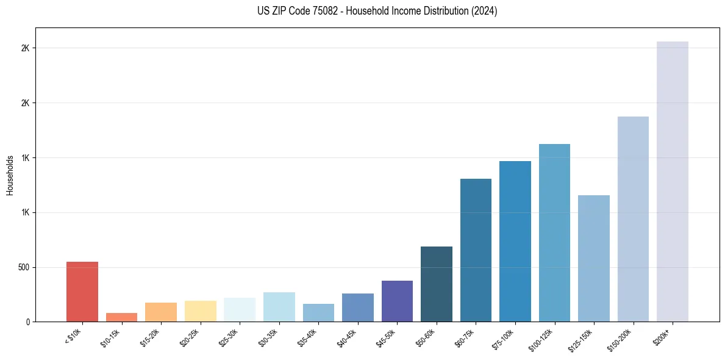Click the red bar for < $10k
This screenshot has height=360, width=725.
click(x=82, y=292)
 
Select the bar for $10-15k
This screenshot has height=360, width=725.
click(x=121, y=317)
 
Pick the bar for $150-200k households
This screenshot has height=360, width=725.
click(x=633, y=219)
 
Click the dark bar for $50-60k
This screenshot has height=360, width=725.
click(x=437, y=284)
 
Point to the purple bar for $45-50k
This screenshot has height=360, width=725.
click(x=397, y=301)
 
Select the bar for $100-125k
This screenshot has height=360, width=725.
click(x=554, y=232)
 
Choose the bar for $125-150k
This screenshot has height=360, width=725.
click(x=594, y=258)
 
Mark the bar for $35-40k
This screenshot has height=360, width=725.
click(x=318, y=312)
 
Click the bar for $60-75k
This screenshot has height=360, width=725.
click(x=476, y=250)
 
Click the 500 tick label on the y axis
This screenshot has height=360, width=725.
click(x=24, y=267)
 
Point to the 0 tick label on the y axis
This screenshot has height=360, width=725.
click(x=28, y=322)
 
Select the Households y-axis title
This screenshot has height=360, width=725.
click(x=10, y=175)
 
